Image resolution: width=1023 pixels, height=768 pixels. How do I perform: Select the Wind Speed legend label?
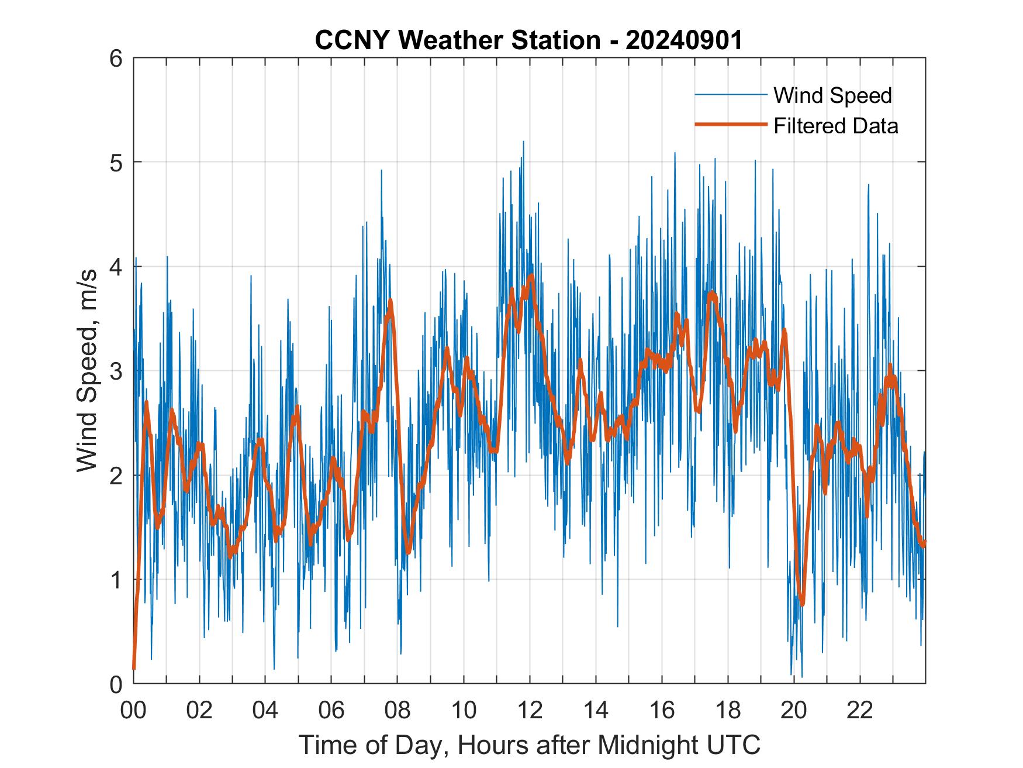832,95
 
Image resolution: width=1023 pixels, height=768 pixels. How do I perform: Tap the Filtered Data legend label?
835,126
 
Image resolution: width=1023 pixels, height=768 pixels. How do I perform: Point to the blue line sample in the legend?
730,95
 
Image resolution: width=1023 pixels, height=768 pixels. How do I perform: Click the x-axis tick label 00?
133,710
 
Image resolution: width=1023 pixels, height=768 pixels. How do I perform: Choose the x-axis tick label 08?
398,710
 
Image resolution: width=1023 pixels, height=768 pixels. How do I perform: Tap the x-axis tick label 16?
662,710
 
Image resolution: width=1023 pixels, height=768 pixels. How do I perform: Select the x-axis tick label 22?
860,710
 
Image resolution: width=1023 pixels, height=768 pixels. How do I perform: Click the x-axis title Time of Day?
530,745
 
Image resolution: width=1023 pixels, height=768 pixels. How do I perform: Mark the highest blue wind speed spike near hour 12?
523,142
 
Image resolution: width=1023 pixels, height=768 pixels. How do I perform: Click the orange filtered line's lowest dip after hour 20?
802,604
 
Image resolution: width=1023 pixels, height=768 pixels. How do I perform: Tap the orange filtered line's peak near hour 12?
531,275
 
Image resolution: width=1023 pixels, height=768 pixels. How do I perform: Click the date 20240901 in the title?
684,40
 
